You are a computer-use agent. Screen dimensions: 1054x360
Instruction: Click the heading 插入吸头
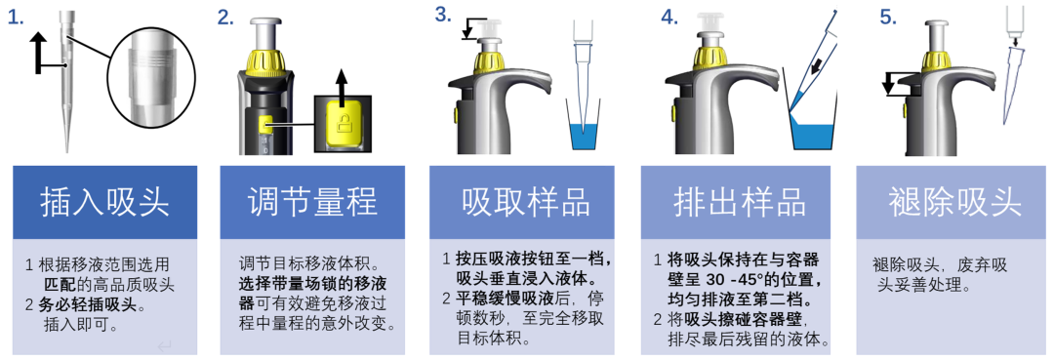104,202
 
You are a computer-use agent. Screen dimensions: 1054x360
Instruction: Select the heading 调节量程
312,202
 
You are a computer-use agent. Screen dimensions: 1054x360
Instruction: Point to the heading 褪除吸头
954,202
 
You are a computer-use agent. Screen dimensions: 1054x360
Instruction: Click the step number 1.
16,19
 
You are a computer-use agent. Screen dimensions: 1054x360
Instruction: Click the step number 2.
225,18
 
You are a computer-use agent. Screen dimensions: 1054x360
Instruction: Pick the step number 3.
443,14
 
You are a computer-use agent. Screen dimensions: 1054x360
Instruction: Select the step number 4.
669,18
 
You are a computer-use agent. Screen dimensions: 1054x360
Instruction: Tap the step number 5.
889,18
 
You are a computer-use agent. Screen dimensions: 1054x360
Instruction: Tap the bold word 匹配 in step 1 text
60,283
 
